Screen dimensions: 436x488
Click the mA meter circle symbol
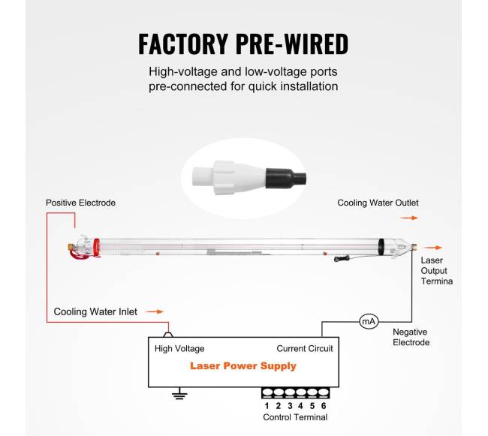[369, 322]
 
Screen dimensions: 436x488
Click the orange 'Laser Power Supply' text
[243, 366]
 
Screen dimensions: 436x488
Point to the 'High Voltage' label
[179, 349]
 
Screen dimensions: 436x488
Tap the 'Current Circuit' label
[305, 349]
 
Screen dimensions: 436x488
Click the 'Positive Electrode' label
[80, 203]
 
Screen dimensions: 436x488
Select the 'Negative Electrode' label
[411, 337]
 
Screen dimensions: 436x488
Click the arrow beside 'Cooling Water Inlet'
[154, 311]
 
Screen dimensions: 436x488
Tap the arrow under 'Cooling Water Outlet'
[408, 218]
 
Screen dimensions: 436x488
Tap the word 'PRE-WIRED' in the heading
[300, 44]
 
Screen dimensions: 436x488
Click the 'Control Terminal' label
[295, 417]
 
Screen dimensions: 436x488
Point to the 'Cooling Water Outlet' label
[378, 203]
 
